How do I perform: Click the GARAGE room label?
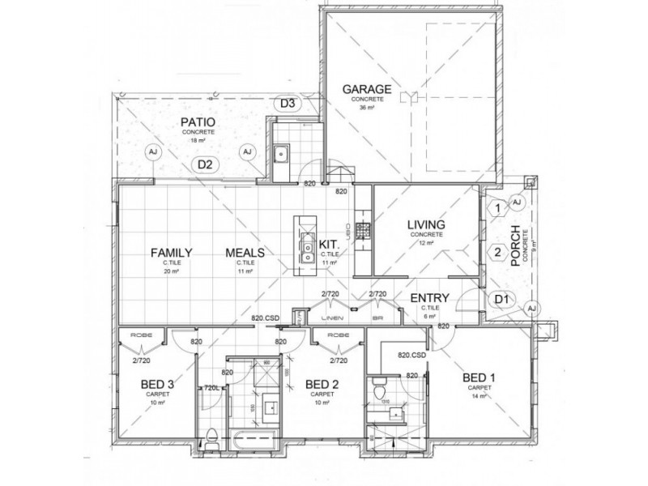(x=366, y=89)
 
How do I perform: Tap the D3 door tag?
(x=288, y=103)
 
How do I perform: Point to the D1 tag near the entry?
(x=501, y=300)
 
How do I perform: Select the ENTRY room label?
(x=424, y=299)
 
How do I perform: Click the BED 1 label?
(x=478, y=378)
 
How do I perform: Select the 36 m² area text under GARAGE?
(x=367, y=107)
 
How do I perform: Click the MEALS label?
(x=245, y=253)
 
